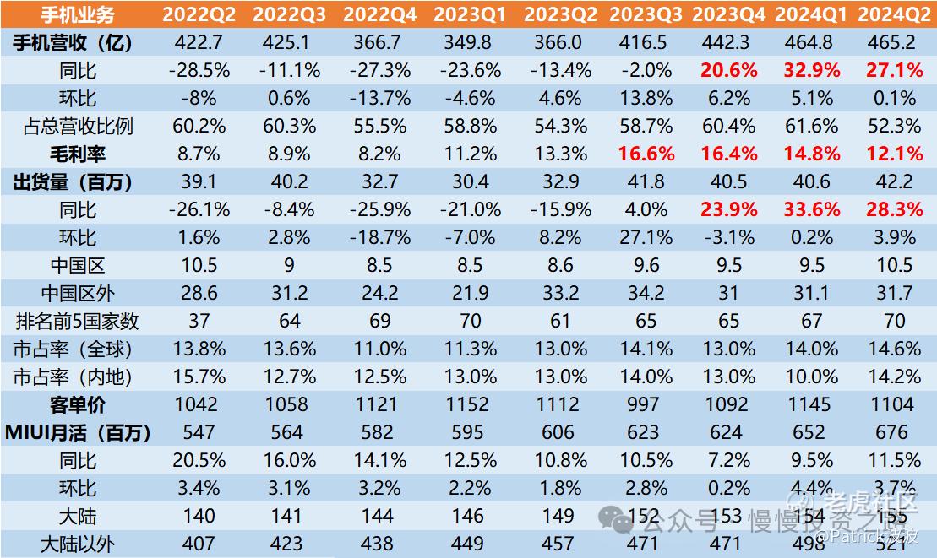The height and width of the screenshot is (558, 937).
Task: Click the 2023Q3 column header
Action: click(646, 14)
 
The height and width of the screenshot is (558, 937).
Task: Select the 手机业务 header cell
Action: click(77, 14)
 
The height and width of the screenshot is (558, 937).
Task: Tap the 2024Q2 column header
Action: click(894, 14)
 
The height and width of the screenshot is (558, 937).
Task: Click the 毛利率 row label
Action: click(77, 154)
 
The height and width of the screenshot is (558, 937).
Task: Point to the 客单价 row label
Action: click(77, 404)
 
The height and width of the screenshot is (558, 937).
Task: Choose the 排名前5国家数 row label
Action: click(77, 321)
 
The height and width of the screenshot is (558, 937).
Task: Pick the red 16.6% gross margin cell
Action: click(646, 154)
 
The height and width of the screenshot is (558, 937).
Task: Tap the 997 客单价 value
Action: click(646, 404)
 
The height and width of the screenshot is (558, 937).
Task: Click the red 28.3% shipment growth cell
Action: click(894, 209)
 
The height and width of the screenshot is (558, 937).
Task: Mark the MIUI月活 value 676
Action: click(894, 432)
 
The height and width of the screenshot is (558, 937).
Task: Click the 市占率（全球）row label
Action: click(77, 349)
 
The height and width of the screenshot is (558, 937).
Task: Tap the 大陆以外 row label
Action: click(77, 544)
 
